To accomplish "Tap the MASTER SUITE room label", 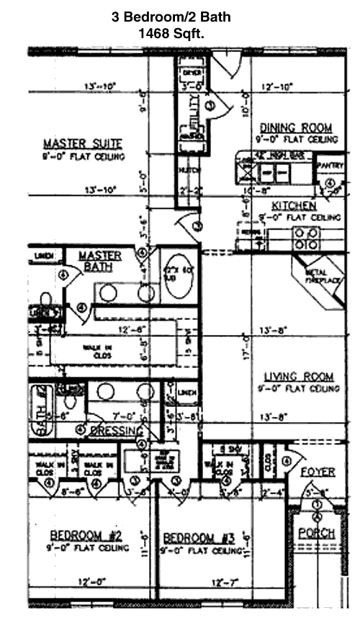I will [82, 143].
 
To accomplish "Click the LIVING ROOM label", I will [298, 377].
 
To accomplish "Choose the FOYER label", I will [318, 473].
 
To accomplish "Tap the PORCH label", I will [318, 533].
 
